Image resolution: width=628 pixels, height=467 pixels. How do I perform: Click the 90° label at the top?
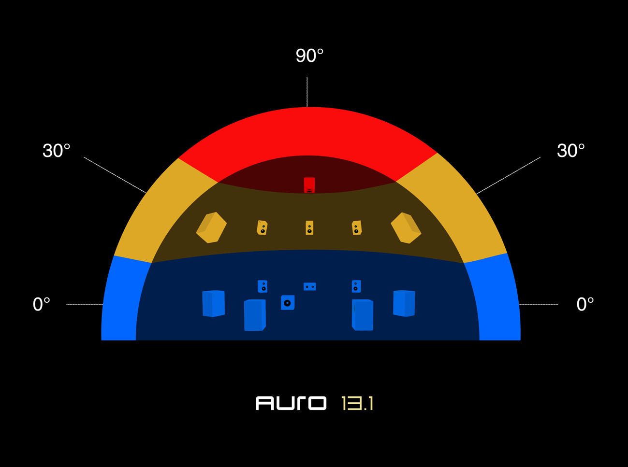click(x=309, y=56)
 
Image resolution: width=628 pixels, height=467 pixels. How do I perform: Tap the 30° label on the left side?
click(x=57, y=151)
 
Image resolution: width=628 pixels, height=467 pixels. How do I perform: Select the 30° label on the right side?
click(x=570, y=151)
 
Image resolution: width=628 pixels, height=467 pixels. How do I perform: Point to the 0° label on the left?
click(x=42, y=304)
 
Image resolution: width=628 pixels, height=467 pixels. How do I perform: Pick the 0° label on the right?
click(x=585, y=304)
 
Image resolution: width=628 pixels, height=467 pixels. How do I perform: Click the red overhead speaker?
click(x=309, y=185)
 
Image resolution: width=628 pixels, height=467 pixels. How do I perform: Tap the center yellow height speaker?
click(x=309, y=228)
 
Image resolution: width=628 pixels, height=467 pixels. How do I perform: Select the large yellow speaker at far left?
click(x=211, y=227)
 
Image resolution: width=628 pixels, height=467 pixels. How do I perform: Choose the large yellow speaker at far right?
click(x=406, y=228)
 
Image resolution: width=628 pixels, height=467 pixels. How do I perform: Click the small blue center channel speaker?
click(x=310, y=287)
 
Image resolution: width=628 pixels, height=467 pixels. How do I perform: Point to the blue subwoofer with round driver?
click(x=288, y=303)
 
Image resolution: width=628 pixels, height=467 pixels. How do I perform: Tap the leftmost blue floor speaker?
click(x=213, y=303)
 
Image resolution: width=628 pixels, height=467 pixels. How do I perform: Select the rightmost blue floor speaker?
click(x=404, y=303)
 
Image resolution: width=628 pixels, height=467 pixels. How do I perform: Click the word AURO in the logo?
click(x=291, y=403)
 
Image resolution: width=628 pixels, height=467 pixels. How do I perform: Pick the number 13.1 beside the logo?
click(x=357, y=403)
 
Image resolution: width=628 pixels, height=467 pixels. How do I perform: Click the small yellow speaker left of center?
click(x=262, y=227)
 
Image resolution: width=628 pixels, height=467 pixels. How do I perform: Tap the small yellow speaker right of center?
click(x=357, y=227)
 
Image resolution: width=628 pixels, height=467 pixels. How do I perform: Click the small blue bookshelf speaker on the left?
click(x=263, y=286)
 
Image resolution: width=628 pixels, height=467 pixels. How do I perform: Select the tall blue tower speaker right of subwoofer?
click(x=363, y=315)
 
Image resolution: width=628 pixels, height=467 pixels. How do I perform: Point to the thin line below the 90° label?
click(x=307, y=92)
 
